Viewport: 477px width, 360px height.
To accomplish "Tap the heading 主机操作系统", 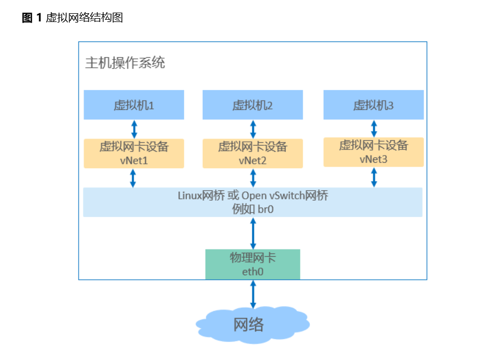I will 125,63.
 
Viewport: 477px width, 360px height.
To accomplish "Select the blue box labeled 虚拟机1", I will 134,105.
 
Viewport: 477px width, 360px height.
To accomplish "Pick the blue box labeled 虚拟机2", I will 253,105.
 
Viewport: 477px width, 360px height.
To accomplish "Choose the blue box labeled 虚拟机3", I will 374,105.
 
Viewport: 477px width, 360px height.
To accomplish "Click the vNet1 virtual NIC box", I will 134,153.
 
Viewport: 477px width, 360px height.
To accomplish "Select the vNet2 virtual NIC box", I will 253,153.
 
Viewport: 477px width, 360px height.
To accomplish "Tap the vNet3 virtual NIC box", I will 374,152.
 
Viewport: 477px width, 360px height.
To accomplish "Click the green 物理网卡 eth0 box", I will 253,264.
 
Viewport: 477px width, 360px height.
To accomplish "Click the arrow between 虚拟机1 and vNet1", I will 134,129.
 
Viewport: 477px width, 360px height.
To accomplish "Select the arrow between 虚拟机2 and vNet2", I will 253,129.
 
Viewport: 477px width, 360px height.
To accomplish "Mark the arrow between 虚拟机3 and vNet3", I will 374,129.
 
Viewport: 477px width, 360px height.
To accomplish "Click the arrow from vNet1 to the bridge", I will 134,178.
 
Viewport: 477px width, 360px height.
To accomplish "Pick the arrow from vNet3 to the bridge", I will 374,177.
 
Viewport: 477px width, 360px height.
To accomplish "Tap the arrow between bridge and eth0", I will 253,233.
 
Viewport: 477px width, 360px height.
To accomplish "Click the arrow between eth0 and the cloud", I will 253,294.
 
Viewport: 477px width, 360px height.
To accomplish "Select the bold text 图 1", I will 32,18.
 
